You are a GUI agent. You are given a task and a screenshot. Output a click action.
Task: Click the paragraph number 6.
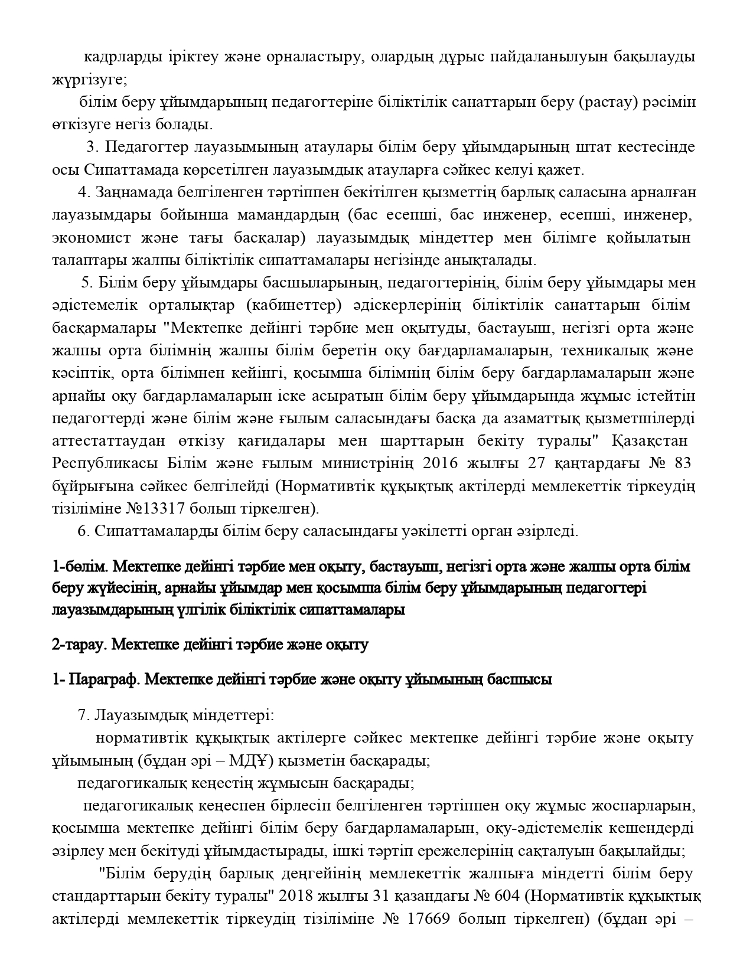[83, 531]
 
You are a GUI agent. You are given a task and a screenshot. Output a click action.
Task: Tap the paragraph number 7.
[83, 715]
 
